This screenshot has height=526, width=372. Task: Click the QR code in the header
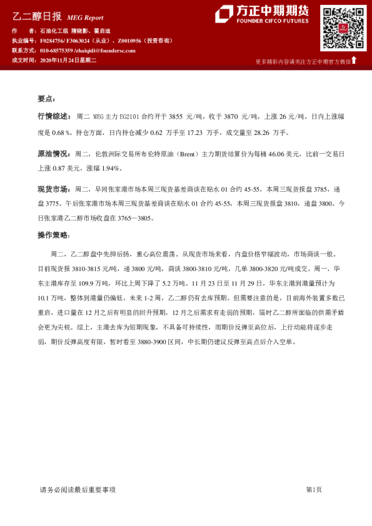[343, 27]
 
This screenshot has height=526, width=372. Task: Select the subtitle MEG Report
[85, 18]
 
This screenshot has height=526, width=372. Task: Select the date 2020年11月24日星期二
[68, 60]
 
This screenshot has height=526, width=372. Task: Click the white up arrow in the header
[354, 61]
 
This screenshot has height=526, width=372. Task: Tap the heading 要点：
[47, 99]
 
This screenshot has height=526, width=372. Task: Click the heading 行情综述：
[55, 116]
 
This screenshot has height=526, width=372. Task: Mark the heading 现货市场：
[55, 189]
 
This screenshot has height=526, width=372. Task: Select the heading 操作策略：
[55, 235]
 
